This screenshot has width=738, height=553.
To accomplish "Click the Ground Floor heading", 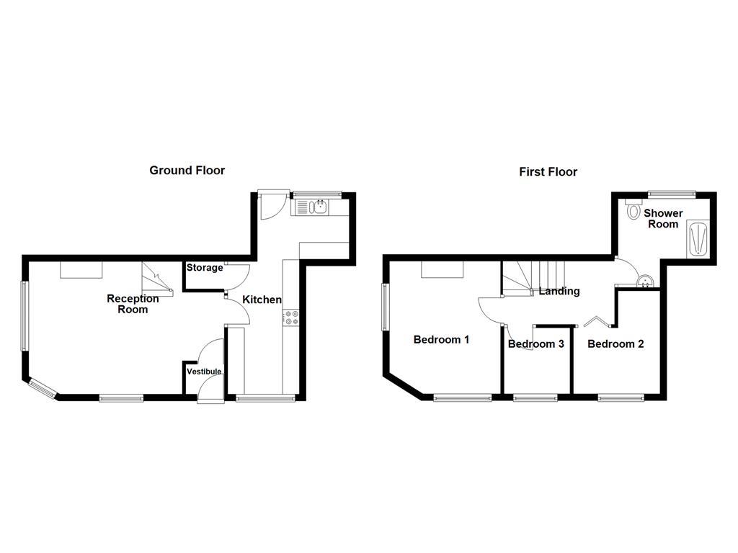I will pyautogui.click(x=187, y=171).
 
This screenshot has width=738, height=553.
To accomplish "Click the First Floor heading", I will pyautogui.click(x=548, y=171).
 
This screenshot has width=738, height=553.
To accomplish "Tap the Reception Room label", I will pyautogui.click(x=133, y=304).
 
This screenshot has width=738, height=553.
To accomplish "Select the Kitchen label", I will pyautogui.click(x=262, y=300).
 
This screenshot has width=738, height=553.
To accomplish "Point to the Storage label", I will pyautogui.click(x=205, y=268).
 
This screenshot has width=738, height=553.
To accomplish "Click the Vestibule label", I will pyautogui.click(x=204, y=372).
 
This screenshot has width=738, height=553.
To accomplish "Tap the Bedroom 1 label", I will pyautogui.click(x=441, y=339).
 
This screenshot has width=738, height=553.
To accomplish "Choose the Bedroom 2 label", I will pyautogui.click(x=615, y=343).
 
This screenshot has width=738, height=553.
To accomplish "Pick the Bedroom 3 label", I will pyautogui.click(x=535, y=343).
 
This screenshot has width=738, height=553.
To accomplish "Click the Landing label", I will pyautogui.click(x=559, y=291).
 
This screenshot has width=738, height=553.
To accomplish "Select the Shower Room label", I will pyautogui.click(x=662, y=218).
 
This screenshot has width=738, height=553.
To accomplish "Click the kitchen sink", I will pyautogui.click(x=317, y=207).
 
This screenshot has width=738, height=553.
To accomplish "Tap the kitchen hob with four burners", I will pyautogui.click(x=292, y=318).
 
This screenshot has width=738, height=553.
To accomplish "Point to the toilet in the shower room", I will pyautogui.click(x=634, y=210).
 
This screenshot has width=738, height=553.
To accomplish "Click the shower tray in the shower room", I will pyautogui.click(x=698, y=239).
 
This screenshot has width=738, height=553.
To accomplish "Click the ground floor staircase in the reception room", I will pyautogui.click(x=158, y=279).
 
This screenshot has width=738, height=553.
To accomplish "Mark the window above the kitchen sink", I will pyautogui.click(x=316, y=193).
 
